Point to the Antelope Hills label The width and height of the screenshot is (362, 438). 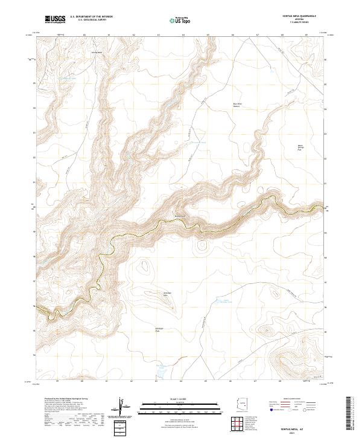168,295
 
